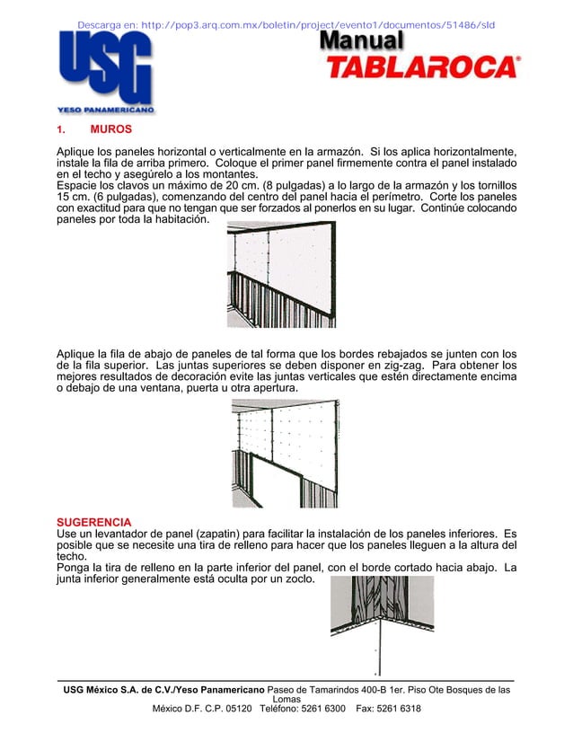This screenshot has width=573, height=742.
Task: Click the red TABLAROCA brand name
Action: coord(421,67)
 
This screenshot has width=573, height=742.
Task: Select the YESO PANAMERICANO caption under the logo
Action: coord(106,110)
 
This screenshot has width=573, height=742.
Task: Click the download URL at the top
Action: coord(286,24)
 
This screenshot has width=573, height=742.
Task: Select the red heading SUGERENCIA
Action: coord(93,522)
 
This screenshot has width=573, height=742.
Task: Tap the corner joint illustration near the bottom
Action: coord(382,625)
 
